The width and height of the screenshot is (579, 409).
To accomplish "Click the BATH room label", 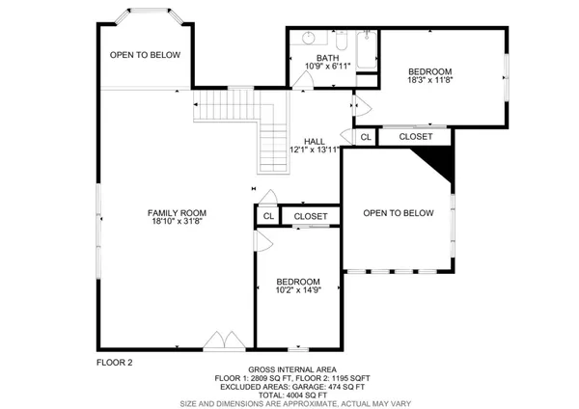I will tap(315, 57).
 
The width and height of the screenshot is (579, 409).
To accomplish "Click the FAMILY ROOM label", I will tap(177, 213).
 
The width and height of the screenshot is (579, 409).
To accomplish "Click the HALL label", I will tap(315, 140).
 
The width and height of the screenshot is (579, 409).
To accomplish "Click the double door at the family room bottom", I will tap(225, 340).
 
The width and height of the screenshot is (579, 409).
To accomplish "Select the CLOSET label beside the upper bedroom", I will tap(416, 137).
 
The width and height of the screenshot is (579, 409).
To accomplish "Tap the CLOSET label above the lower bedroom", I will tap(311, 216).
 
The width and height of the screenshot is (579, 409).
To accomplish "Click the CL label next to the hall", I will tap(365, 138).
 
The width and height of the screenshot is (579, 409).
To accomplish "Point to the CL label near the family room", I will tap(267, 217).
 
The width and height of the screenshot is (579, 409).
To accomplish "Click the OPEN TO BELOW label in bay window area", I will tap(145, 55).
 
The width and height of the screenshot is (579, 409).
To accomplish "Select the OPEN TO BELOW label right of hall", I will tap(398, 213).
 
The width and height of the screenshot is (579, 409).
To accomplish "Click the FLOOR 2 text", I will tap(114, 362).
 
